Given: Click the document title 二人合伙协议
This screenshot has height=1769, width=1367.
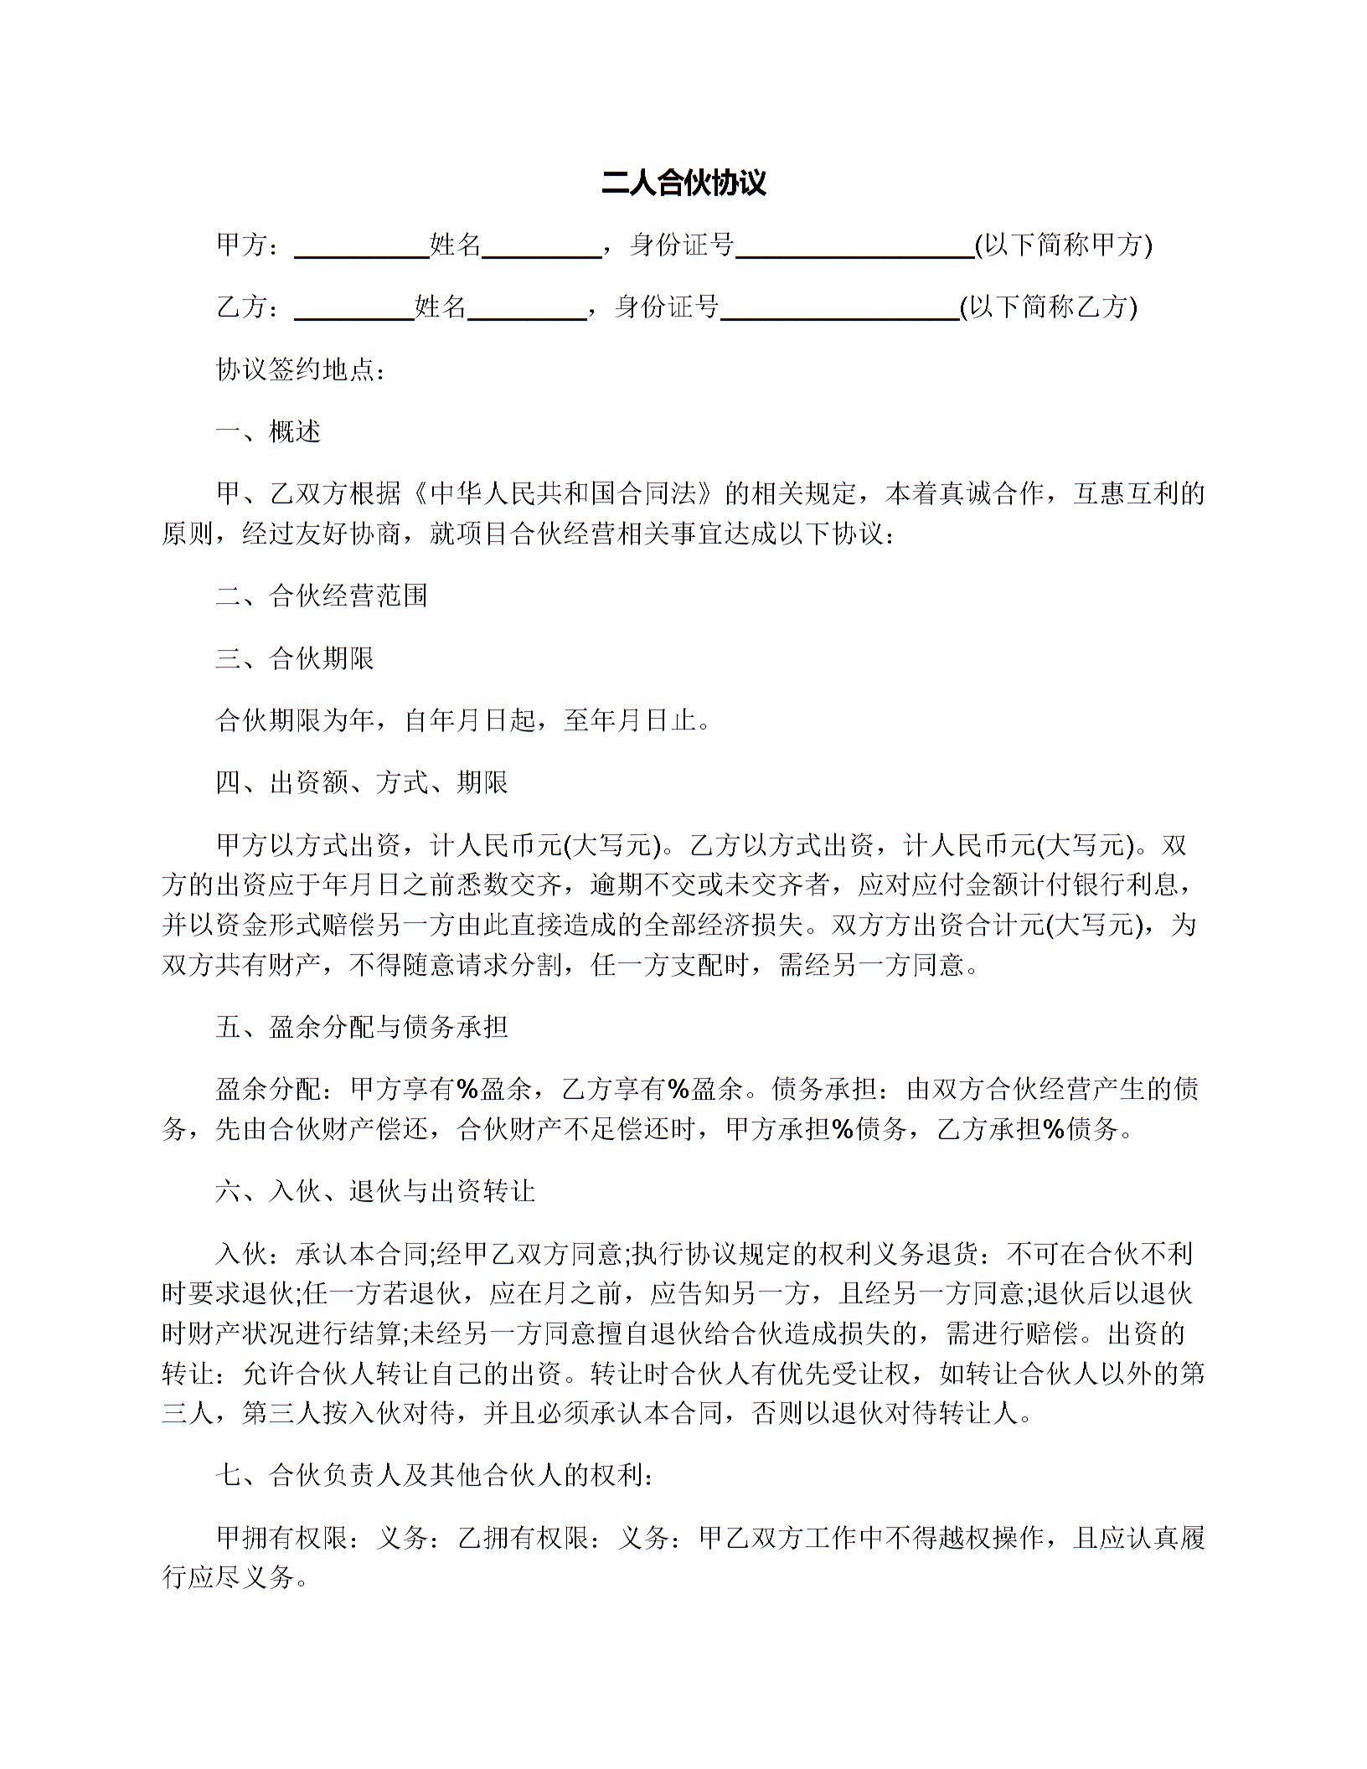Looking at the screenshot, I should [683, 183].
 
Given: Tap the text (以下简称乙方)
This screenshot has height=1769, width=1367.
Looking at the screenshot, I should [1048, 307].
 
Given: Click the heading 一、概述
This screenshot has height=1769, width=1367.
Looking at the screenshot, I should [268, 431].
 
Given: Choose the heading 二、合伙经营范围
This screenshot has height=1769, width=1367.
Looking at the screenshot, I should [322, 596].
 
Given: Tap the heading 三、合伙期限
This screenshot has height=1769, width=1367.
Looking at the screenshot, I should [295, 658].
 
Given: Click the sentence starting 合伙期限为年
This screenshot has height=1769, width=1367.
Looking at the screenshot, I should [463, 719].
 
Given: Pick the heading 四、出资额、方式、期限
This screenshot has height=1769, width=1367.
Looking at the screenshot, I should [362, 782].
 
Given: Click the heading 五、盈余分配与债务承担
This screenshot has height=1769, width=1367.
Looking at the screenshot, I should [362, 1027].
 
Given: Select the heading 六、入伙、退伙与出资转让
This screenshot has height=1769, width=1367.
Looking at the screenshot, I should [375, 1191].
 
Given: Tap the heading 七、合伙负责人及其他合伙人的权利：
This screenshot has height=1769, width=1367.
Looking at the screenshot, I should [436, 1476].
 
